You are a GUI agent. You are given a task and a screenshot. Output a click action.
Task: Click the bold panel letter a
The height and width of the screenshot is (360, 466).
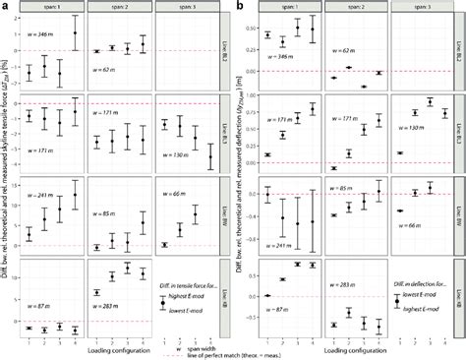click(5, 6)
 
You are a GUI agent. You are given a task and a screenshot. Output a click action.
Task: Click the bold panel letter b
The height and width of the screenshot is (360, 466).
click(241, 6)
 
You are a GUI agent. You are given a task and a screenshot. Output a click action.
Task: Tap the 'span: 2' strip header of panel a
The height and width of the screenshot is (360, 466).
click(118, 8)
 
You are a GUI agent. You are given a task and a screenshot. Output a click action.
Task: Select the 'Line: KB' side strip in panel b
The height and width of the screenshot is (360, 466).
click(459, 290)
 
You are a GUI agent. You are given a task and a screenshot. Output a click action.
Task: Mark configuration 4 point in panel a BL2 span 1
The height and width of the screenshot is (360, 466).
click(75, 33)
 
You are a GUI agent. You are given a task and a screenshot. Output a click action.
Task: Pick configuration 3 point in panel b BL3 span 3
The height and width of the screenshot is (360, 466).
click(430, 102)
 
